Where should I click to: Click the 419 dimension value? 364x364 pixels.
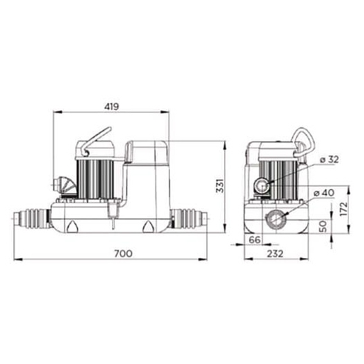(111, 107)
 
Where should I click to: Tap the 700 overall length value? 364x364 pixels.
(123, 253)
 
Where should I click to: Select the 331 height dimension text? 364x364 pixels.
(220, 185)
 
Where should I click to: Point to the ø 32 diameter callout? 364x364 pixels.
(329, 160)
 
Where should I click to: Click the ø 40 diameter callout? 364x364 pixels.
(324, 192)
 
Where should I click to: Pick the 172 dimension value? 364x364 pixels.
(344, 209)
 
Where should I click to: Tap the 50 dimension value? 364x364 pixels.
(323, 226)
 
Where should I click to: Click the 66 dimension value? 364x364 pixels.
(255, 240)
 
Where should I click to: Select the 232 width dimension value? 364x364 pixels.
(275, 254)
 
